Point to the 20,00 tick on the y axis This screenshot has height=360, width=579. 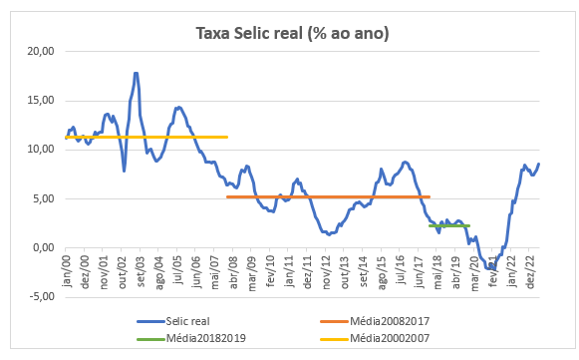[41, 51]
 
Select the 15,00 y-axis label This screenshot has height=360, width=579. [41, 100]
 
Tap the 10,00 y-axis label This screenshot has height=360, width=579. [41, 149]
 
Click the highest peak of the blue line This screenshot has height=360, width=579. [136, 73]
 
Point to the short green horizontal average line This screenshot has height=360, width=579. [448, 225]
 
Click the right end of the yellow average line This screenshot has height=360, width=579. [227, 137]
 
